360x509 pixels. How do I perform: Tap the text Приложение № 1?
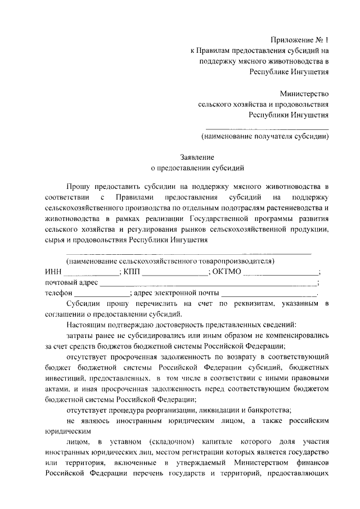click(299, 40)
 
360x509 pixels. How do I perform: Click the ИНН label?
click(52, 272)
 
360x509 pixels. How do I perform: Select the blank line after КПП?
click(175, 273)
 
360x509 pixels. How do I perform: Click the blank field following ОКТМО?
click(282, 273)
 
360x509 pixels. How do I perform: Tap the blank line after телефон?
click(102, 293)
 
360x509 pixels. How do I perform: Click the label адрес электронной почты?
click(177, 293)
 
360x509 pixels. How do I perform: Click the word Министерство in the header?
click(304, 94)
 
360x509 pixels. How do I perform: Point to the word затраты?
click(80, 335)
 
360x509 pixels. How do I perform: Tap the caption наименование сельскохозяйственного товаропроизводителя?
click(170, 262)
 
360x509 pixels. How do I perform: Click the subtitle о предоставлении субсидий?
click(197, 168)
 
